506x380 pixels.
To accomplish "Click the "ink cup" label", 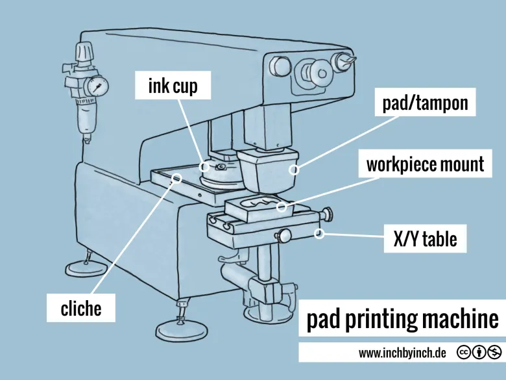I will (x=173, y=86).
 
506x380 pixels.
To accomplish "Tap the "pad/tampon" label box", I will (x=425, y=103).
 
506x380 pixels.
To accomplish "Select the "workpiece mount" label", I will (x=425, y=164).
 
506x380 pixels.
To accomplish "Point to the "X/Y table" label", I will (x=425, y=240).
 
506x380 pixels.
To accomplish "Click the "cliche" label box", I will (x=81, y=308).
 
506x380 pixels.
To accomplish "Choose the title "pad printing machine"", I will (x=402, y=320).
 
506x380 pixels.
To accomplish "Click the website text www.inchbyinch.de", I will (x=402, y=353).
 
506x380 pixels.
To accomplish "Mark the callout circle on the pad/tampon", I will (x=294, y=170).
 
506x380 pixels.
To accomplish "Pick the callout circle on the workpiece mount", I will (x=282, y=207).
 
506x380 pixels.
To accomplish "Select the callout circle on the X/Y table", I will (x=319, y=234).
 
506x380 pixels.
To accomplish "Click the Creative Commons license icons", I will (x=479, y=352).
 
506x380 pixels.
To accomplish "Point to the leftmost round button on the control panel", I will (x=279, y=66).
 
